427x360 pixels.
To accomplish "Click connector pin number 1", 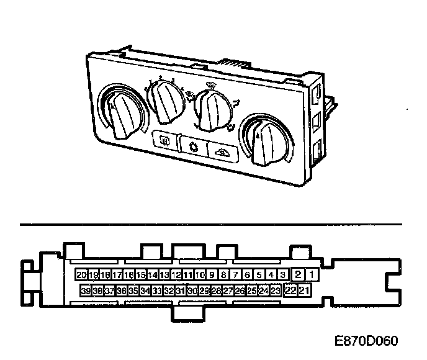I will [x=312, y=274].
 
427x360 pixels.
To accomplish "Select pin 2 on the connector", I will [x=299, y=274].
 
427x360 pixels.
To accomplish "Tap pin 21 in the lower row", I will [x=305, y=290].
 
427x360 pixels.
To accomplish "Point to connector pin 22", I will [x=290, y=290].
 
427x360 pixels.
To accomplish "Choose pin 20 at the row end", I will [x=81, y=274].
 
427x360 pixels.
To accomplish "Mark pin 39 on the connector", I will [x=86, y=290].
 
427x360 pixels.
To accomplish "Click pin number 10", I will [x=200, y=274].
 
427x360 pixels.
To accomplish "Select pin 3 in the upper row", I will [x=283, y=274].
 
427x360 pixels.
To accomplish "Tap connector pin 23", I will [x=276, y=290].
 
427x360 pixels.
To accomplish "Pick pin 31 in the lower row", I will [x=181, y=290].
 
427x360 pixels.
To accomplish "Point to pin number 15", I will [x=141, y=274].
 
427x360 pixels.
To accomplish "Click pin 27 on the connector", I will [x=228, y=290].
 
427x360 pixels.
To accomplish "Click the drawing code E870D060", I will [x=366, y=341].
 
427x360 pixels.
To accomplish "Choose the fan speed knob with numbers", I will [x=166, y=102].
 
